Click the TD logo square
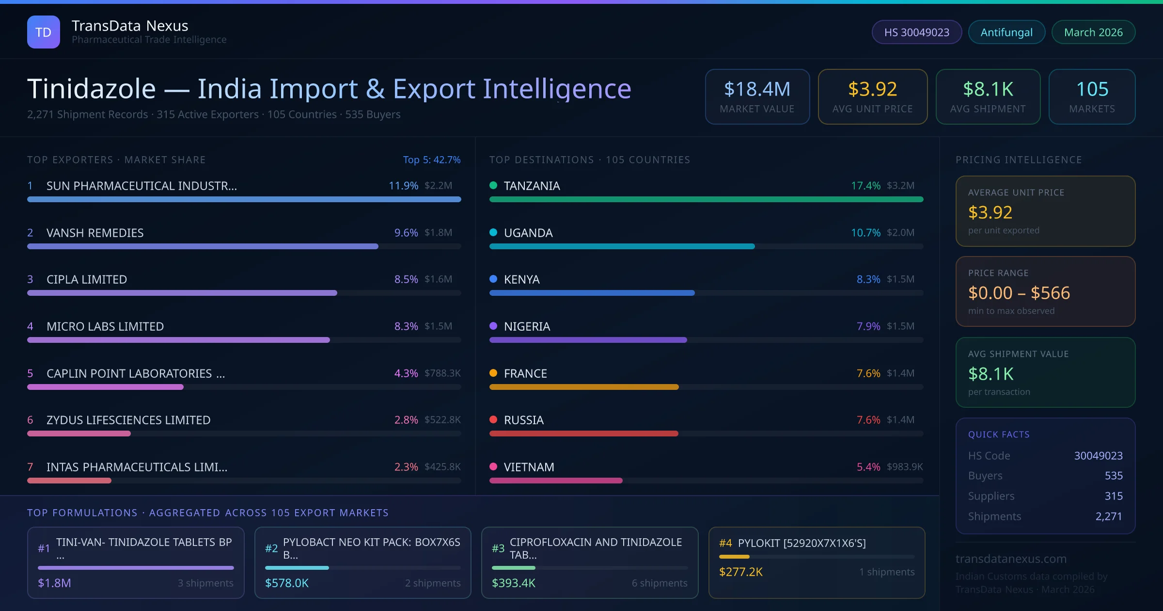(44, 32)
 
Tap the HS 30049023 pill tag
(916, 32)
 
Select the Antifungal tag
(1006, 32)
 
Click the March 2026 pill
(1093, 32)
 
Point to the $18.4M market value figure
(757, 89)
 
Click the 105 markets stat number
(1092, 89)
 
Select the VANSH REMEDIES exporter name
(95, 233)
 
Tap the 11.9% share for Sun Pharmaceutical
(403, 186)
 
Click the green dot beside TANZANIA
(493, 185)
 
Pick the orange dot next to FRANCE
(493, 373)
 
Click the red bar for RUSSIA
(583, 434)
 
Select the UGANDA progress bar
(622, 246)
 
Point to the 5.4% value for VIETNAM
(868, 467)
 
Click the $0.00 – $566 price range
(1019, 293)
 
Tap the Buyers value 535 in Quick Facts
(1113, 476)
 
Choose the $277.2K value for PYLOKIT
(740, 572)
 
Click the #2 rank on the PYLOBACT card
(271, 548)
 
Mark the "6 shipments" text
(659, 583)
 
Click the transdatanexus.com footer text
(1011, 559)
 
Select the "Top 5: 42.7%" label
(431, 160)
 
